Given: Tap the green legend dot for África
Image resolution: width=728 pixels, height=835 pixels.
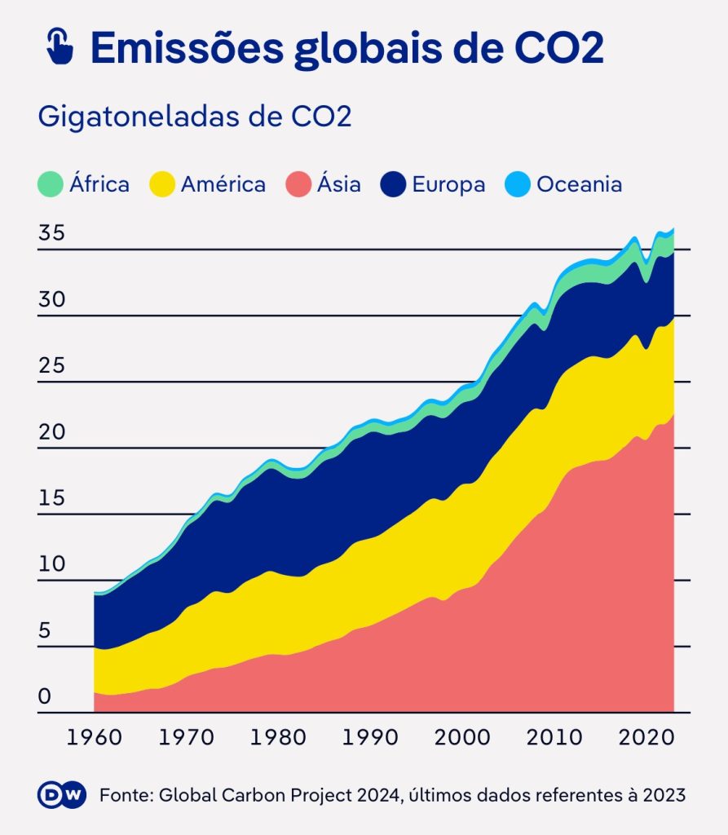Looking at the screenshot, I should coord(51,184).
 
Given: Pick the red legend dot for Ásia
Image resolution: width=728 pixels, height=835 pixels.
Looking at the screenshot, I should coord(298,184).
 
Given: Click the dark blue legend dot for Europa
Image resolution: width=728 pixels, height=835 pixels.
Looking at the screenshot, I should coord(394,184).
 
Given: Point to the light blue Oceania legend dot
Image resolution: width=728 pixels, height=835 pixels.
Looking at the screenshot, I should coord(518,184).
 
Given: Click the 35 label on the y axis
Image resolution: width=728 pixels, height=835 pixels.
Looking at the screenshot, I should coord(51,234).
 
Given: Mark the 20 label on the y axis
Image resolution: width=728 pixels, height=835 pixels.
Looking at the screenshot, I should coord(51,432).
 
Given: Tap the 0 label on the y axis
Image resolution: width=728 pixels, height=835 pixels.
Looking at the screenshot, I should coord(45,697).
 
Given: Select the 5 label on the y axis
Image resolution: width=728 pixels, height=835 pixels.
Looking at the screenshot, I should coord(45,631).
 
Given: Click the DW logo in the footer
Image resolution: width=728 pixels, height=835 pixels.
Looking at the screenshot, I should coord(62,795).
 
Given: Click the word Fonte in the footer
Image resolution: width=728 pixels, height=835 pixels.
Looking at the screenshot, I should coord(124,795).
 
